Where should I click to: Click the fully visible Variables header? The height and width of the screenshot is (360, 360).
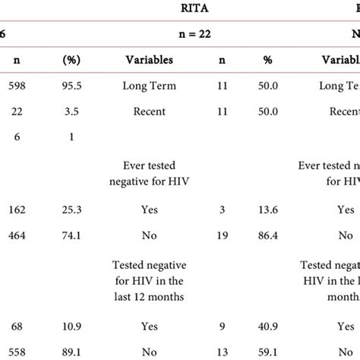pos(149,60)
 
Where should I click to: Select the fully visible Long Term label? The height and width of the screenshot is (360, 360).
pos(149,87)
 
